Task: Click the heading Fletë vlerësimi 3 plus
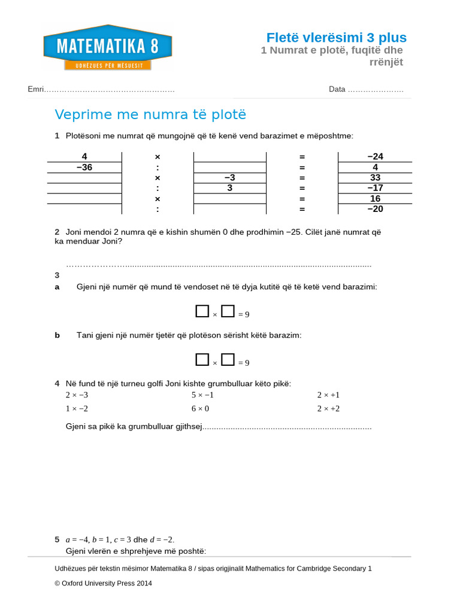pyautogui.click(x=336, y=38)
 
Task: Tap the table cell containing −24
pyautogui.click(x=375, y=157)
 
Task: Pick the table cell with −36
pyautogui.click(x=84, y=168)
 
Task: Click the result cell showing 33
pyautogui.click(x=375, y=178)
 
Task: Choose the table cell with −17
pyautogui.click(x=375, y=188)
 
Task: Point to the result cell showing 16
pyautogui.click(x=375, y=199)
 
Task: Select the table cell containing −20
pyautogui.click(x=375, y=209)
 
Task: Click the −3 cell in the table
pyautogui.click(x=229, y=178)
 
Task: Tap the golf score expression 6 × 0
pyautogui.click(x=200, y=408)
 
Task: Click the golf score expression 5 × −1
pyautogui.click(x=202, y=395)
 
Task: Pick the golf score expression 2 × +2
pyautogui.click(x=328, y=408)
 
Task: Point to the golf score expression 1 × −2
pyautogui.click(x=77, y=408)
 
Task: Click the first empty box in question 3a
pyautogui.click(x=201, y=311)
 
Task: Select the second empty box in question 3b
pyautogui.click(x=228, y=360)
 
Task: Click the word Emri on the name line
pyautogui.click(x=35, y=89)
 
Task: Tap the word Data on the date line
pyautogui.click(x=337, y=89)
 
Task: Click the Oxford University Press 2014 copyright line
pyautogui.click(x=103, y=583)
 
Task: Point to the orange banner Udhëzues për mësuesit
pyautogui.click(x=108, y=65)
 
